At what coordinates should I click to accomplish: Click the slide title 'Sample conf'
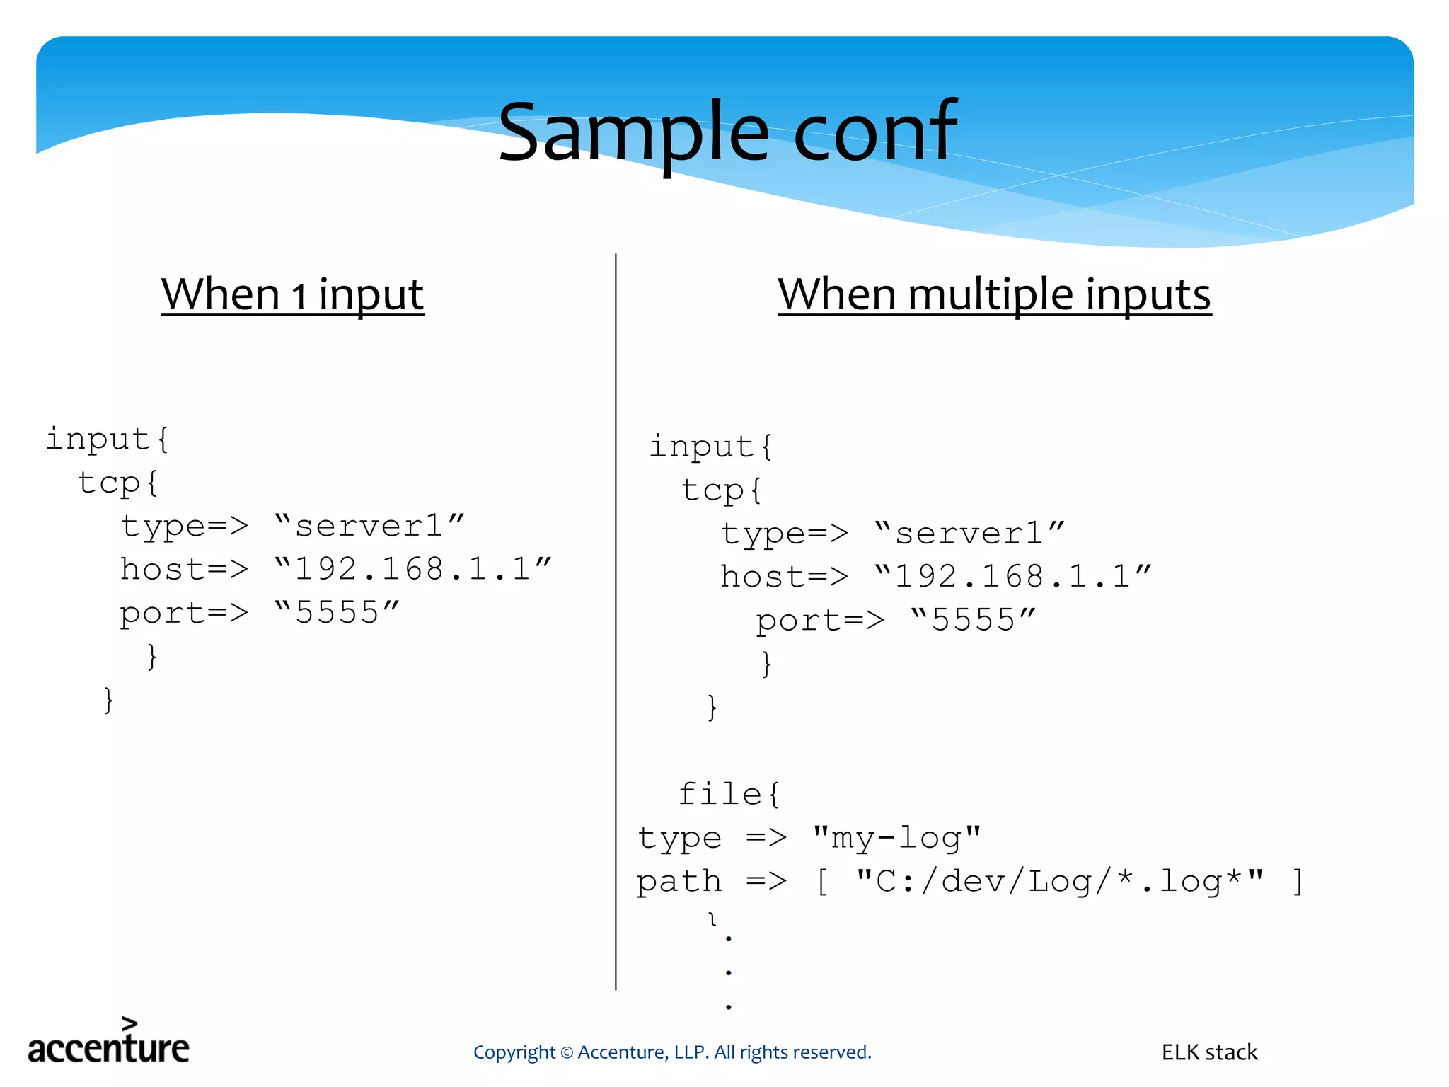pos(727,132)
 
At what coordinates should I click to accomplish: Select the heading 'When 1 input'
pos(292,294)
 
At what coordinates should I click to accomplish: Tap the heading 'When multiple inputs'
pos(994,294)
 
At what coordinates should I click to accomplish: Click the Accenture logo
pos(108,1042)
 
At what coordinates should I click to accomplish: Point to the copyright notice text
pos(672,1052)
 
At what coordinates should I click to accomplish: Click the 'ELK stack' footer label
pos(1209,1052)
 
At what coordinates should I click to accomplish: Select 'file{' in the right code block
pos(729,794)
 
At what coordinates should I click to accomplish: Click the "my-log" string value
pos(896,838)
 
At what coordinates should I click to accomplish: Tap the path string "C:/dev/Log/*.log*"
pos(1059,882)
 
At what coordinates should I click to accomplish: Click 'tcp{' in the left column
pos(117,483)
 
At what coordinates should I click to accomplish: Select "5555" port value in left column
pos(337,613)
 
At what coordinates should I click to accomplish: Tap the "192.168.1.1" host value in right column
pos(1012,577)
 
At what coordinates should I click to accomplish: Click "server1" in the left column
pos(369,527)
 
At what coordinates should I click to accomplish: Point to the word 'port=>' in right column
pos(820,621)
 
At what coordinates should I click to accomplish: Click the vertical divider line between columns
pos(616,623)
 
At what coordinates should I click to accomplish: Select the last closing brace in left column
pos(108,700)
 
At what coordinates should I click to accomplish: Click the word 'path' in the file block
pos(679,882)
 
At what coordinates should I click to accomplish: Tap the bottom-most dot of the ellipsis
pos(728,1006)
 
